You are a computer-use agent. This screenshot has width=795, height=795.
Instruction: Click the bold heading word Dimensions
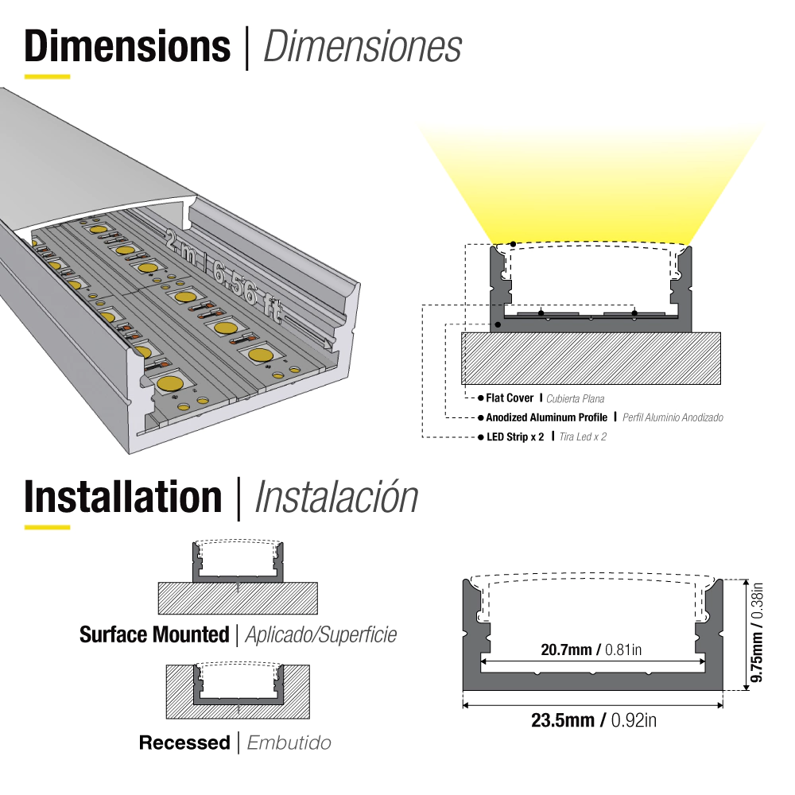[x=127, y=47]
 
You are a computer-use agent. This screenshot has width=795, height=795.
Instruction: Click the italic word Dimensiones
[x=363, y=47]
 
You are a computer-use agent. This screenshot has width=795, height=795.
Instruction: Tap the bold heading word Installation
[x=123, y=497]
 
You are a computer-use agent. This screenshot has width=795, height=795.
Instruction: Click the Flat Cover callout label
[x=510, y=398]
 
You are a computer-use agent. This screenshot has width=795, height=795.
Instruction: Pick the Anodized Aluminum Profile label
[x=547, y=417]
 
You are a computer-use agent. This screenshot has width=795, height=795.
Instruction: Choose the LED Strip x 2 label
[x=515, y=436]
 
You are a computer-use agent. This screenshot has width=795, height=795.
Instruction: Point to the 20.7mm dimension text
[x=566, y=650]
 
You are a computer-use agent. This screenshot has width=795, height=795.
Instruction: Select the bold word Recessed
[x=184, y=743]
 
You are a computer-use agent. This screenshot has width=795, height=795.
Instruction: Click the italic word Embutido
[x=289, y=743]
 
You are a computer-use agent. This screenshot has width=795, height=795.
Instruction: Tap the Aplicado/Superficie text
[x=321, y=634]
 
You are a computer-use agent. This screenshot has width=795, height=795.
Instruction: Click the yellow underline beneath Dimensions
[x=47, y=76]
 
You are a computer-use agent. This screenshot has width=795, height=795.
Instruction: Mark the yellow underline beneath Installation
[x=47, y=527]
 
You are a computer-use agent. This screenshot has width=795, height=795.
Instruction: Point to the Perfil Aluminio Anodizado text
[x=673, y=418]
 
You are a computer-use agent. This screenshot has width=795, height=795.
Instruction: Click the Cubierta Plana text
[x=575, y=398]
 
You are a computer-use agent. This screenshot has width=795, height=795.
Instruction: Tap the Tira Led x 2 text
[x=583, y=436]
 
